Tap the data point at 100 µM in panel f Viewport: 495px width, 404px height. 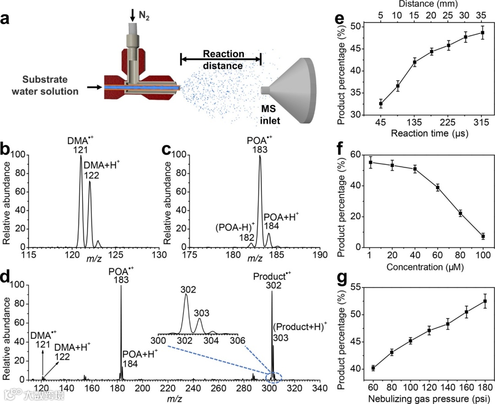coord(483,237)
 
